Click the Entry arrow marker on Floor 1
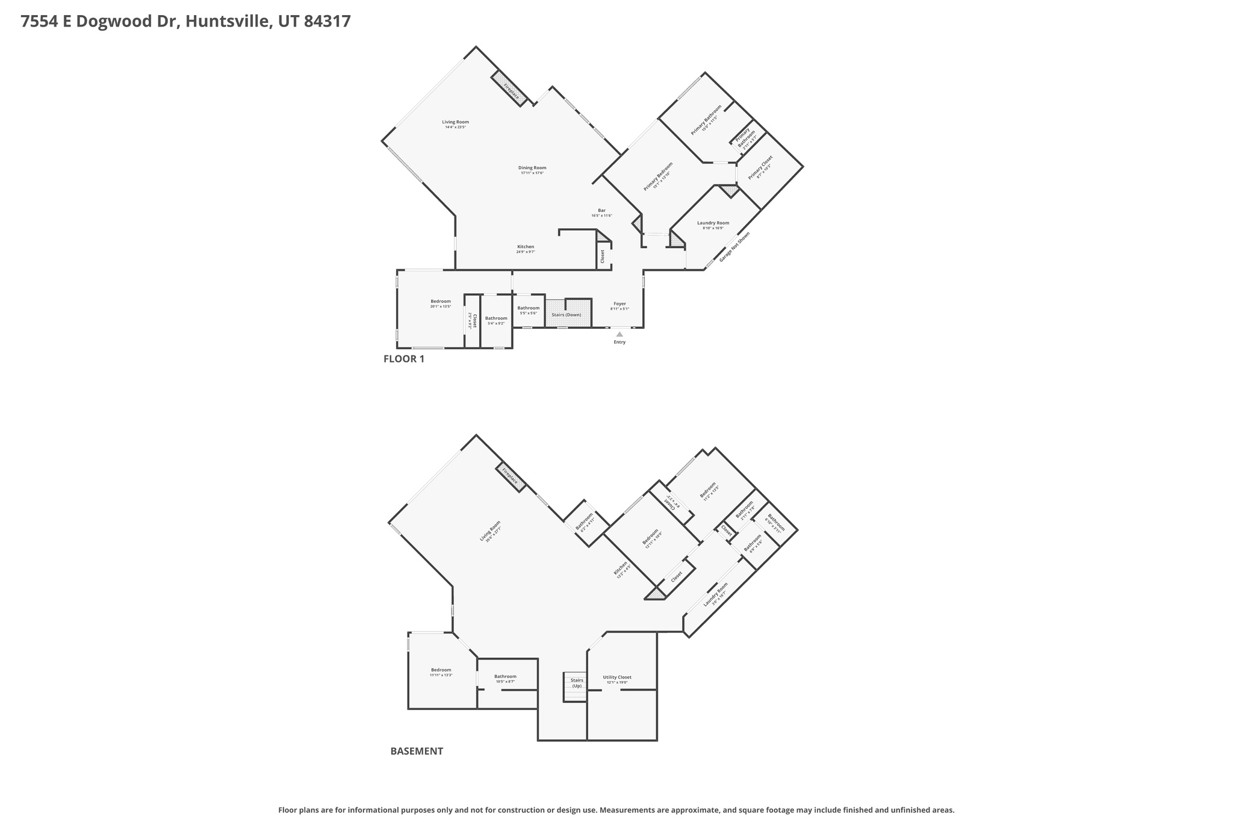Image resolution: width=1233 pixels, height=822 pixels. click(620, 334)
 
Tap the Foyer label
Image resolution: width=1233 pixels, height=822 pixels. click(620, 304)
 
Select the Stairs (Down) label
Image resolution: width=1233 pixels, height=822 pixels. click(567, 315)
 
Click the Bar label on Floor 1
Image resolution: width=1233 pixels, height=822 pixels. click(601, 211)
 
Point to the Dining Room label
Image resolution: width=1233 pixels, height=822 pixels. click(532, 168)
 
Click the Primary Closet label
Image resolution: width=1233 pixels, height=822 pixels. click(760, 167)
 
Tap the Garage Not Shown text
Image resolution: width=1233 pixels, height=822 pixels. click(735, 246)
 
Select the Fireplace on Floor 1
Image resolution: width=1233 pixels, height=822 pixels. click(511, 89)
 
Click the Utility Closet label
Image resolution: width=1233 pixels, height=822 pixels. click(617, 677)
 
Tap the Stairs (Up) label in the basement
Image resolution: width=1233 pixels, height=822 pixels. click(577, 683)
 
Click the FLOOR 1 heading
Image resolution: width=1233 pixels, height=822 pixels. click(404, 360)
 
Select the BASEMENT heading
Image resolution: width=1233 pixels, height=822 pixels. click(417, 752)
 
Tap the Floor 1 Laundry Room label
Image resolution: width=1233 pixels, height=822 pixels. click(713, 223)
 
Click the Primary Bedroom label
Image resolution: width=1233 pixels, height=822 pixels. click(657, 176)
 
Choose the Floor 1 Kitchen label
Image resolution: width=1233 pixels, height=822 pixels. click(526, 247)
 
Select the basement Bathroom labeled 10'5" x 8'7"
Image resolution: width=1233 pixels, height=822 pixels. click(505, 677)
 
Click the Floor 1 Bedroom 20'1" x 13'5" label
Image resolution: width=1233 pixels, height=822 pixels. click(440, 302)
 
